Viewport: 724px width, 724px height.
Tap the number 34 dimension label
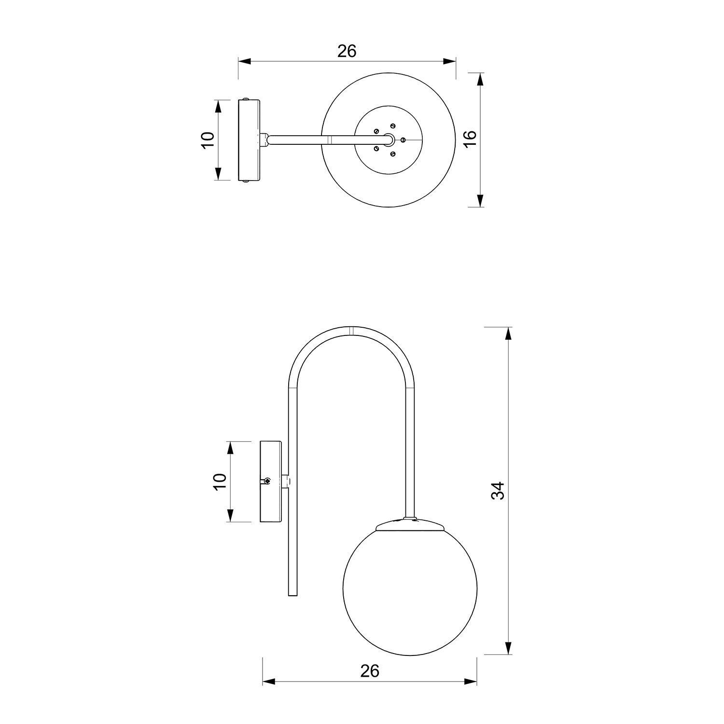pos(498,490)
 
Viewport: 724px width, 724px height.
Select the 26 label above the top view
pos(347,51)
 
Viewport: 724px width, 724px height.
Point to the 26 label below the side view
pos(370,670)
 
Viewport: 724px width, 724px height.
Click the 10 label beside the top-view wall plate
pos(208,140)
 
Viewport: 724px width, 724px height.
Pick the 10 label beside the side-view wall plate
pos(220,481)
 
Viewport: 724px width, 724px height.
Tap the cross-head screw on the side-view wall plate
pos(267,481)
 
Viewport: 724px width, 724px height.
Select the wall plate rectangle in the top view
pos(249,140)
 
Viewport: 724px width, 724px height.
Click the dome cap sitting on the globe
pos(410,525)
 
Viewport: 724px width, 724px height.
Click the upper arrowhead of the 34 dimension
pos(508,334)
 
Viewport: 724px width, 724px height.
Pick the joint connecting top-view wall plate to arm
pos(264,140)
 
